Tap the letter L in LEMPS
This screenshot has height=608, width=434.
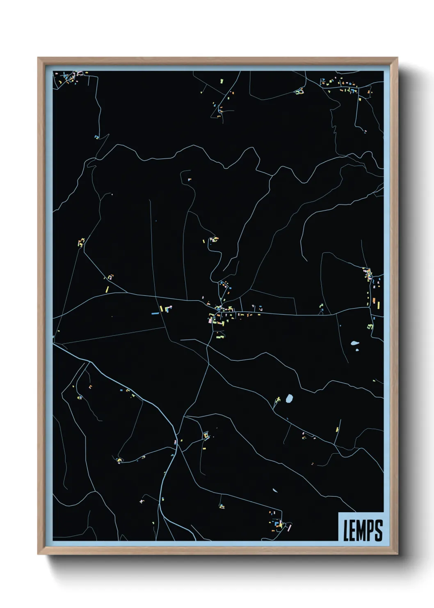(x=346, y=530)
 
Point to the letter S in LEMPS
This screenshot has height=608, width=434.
(x=378, y=530)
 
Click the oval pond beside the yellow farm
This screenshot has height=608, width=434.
(x=289, y=398)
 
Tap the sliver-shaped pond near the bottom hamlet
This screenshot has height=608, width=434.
(x=274, y=490)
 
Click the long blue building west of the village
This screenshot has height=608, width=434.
(x=155, y=313)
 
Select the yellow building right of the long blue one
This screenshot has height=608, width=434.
(x=161, y=309)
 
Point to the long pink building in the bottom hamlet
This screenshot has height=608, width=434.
(x=290, y=526)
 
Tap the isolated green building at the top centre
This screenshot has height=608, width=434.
(x=221, y=81)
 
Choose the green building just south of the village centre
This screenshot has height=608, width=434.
(x=219, y=337)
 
